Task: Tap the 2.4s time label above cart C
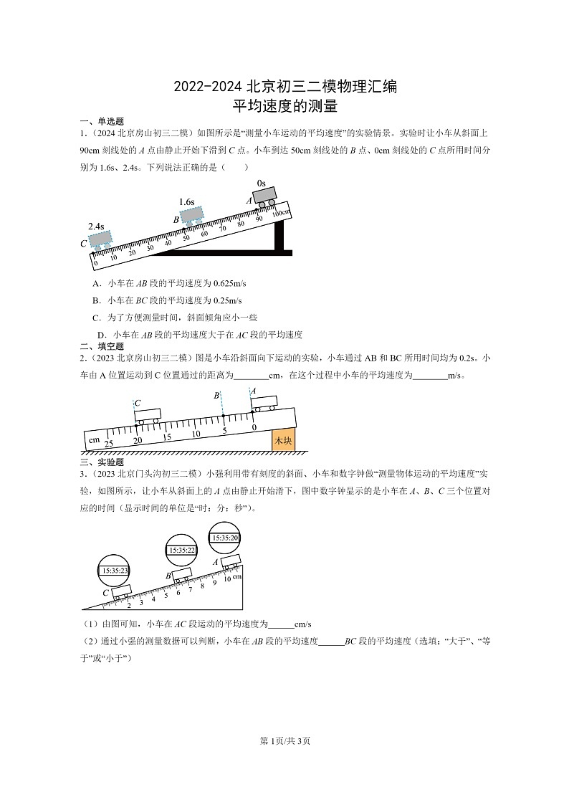tap(96, 226)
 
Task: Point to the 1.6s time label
tap(187, 202)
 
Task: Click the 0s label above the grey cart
tap(262, 184)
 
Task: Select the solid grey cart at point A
tap(264, 196)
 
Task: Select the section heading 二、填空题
tap(102, 346)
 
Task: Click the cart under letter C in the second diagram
tap(148, 415)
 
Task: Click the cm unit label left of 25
tap(93, 439)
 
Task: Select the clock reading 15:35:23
tap(115, 571)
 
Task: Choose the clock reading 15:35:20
tap(224, 537)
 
